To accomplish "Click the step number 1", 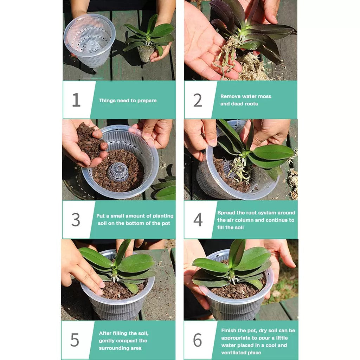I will (x=76, y=100).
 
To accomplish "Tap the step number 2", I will (x=198, y=101).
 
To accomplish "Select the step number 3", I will (x=76, y=220).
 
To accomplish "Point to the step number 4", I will (x=198, y=220).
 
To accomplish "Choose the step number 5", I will (x=75, y=340).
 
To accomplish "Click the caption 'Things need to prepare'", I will (x=128, y=101).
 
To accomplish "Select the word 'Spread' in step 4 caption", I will (x=226, y=213).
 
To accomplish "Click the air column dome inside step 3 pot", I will (x=118, y=172).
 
